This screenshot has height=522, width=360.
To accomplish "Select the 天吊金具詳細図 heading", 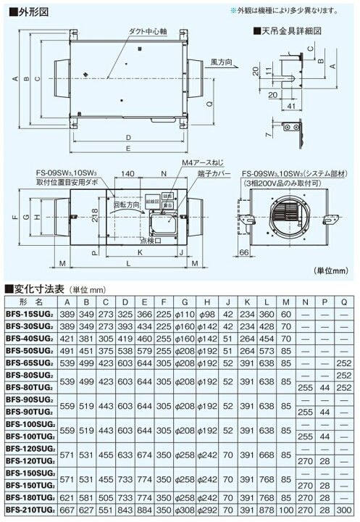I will [283, 32].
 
